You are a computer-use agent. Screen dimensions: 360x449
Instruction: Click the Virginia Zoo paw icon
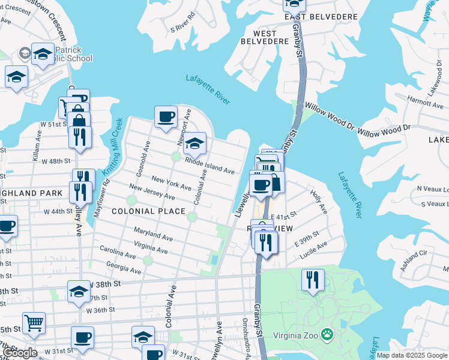tap(327, 334)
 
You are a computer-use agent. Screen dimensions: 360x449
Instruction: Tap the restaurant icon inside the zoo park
tap(313, 280)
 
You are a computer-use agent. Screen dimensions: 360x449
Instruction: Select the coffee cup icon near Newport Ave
tap(166, 116)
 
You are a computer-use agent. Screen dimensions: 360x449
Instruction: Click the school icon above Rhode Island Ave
tap(194, 143)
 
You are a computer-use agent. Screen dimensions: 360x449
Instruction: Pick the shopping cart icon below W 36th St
tap(34, 323)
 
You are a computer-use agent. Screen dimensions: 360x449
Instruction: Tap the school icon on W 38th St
tap(78, 291)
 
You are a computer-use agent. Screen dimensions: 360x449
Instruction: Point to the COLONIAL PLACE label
tap(148, 211)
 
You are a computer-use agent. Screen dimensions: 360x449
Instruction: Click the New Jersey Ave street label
tap(152, 193)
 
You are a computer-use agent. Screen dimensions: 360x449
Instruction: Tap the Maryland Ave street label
tap(153, 235)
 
